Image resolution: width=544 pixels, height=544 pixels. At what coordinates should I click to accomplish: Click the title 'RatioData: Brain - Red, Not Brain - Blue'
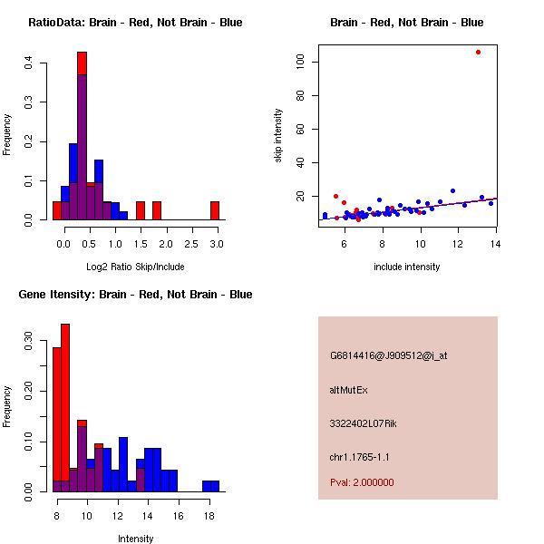point(135,22)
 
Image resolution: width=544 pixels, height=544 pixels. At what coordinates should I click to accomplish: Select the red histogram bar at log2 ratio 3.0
point(215,210)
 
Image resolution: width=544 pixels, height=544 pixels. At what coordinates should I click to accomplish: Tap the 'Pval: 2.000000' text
point(362,482)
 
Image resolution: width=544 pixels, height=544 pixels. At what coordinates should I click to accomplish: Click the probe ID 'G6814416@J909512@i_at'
point(388,355)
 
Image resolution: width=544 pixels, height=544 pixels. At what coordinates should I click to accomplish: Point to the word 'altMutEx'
point(348,390)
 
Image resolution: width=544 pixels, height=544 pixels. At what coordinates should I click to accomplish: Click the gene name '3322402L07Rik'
point(360,423)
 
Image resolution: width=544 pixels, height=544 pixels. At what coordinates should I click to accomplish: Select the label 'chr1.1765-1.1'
point(359,457)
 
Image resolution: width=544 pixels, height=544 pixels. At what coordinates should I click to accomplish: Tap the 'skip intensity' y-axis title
point(279,136)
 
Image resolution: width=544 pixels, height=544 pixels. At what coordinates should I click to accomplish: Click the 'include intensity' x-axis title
point(407,267)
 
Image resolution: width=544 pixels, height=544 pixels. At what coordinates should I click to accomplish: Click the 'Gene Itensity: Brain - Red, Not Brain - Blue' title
point(135,294)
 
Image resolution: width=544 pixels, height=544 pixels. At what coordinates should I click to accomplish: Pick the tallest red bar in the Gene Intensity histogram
point(65,408)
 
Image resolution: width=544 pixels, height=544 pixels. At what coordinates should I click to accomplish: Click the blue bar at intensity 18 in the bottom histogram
point(210,486)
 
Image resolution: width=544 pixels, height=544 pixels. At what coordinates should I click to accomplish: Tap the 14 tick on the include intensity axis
point(496,243)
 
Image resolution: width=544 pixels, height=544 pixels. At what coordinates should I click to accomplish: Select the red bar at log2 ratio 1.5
point(141,210)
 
